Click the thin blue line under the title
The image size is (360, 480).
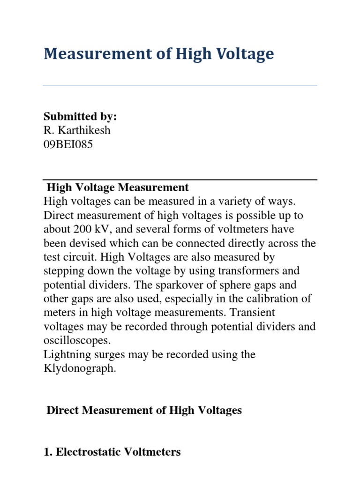click(180, 86)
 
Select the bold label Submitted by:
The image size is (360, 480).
click(80, 117)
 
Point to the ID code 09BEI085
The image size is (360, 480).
click(68, 144)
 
